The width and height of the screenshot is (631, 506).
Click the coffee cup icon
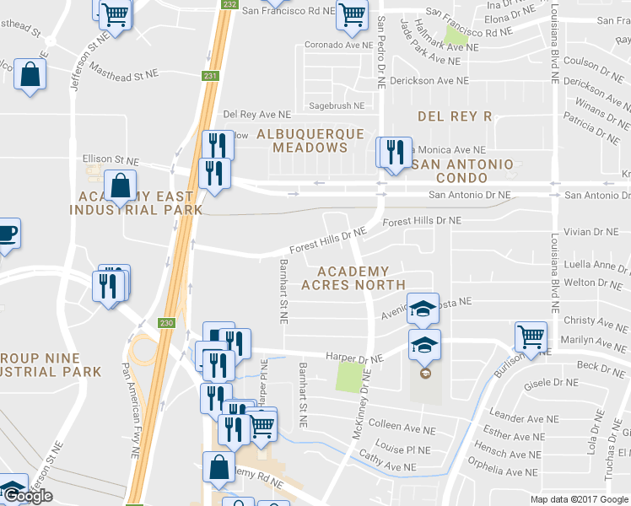point(6,234)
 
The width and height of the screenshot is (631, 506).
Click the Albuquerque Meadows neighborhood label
point(310,141)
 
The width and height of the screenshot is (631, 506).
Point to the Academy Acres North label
point(361,278)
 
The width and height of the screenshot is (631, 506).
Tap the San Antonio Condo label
point(461,170)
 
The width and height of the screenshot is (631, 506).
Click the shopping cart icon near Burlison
point(531,336)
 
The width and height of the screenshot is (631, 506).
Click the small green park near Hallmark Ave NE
point(456,35)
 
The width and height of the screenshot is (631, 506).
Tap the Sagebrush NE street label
point(337,106)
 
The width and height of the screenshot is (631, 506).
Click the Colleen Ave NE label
point(402,426)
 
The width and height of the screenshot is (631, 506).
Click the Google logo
point(27,496)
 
